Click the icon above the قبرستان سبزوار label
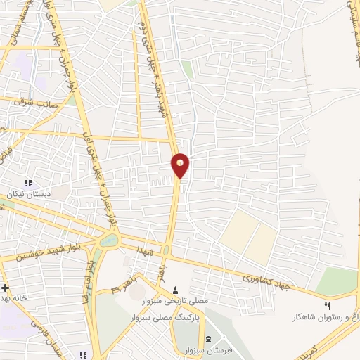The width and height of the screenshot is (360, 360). click(x=197, y=340)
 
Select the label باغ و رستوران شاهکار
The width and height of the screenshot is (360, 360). click(x=327, y=318)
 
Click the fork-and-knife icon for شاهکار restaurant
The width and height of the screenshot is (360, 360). click(x=326, y=306)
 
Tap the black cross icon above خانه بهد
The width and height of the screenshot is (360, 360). click(x=6, y=288)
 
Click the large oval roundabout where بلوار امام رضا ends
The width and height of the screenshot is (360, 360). click(x=110, y=240)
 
